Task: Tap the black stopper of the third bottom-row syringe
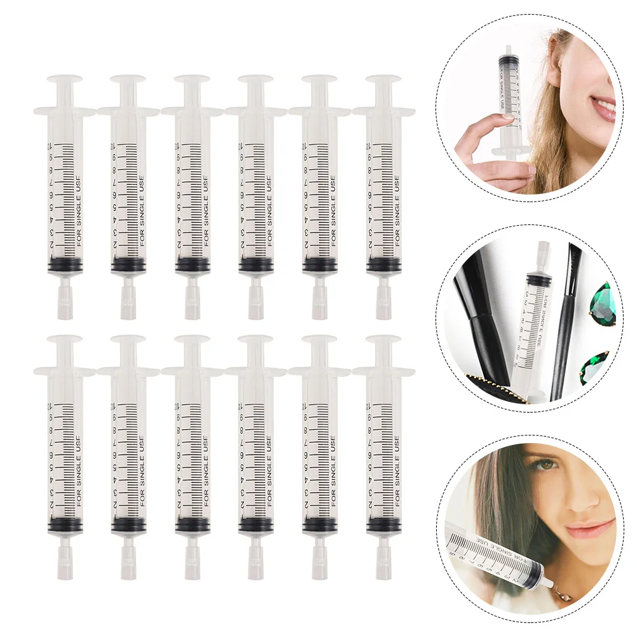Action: click(x=193, y=524)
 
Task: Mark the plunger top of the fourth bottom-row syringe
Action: click(x=256, y=340)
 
